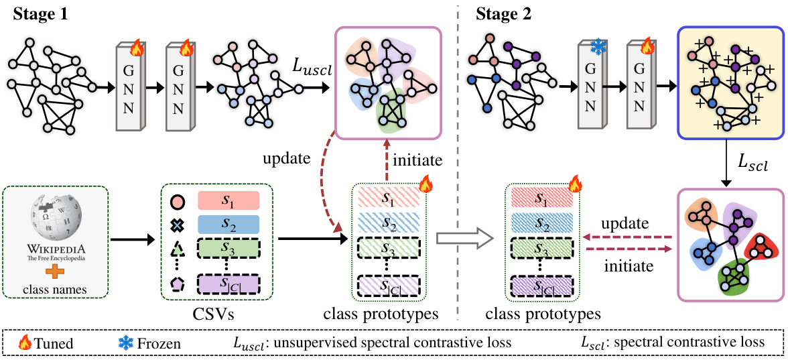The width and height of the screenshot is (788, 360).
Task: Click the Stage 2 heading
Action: coord(504,14)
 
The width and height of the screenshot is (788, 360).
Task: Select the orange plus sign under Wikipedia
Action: coord(56,273)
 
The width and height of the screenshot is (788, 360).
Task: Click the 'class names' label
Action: coord(56,290)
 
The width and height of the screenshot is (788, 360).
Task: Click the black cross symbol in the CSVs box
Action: coord(178,224)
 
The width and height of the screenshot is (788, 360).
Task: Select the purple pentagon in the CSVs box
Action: coord(178,285)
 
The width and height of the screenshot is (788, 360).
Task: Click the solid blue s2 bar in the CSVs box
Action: coord(228,223)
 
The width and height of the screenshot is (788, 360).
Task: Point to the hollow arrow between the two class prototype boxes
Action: coord(461,237)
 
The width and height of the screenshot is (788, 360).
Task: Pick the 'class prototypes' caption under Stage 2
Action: coord(543,313)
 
